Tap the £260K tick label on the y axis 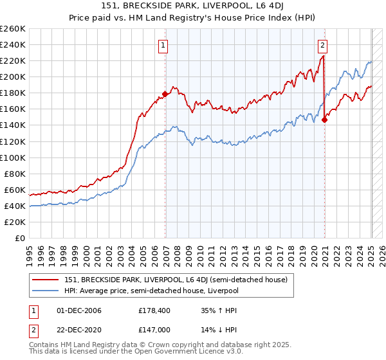(x=12, y=29)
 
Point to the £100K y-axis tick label (x=12, y=157)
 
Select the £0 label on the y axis (x=20, y=238)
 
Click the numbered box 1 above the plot (x=164, y=45)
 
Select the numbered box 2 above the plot (x=322, y=45)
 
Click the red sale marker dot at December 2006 (x=165, y=94)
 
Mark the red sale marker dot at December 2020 (x=324, y=119)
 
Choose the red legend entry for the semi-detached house (x=179, y=279)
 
